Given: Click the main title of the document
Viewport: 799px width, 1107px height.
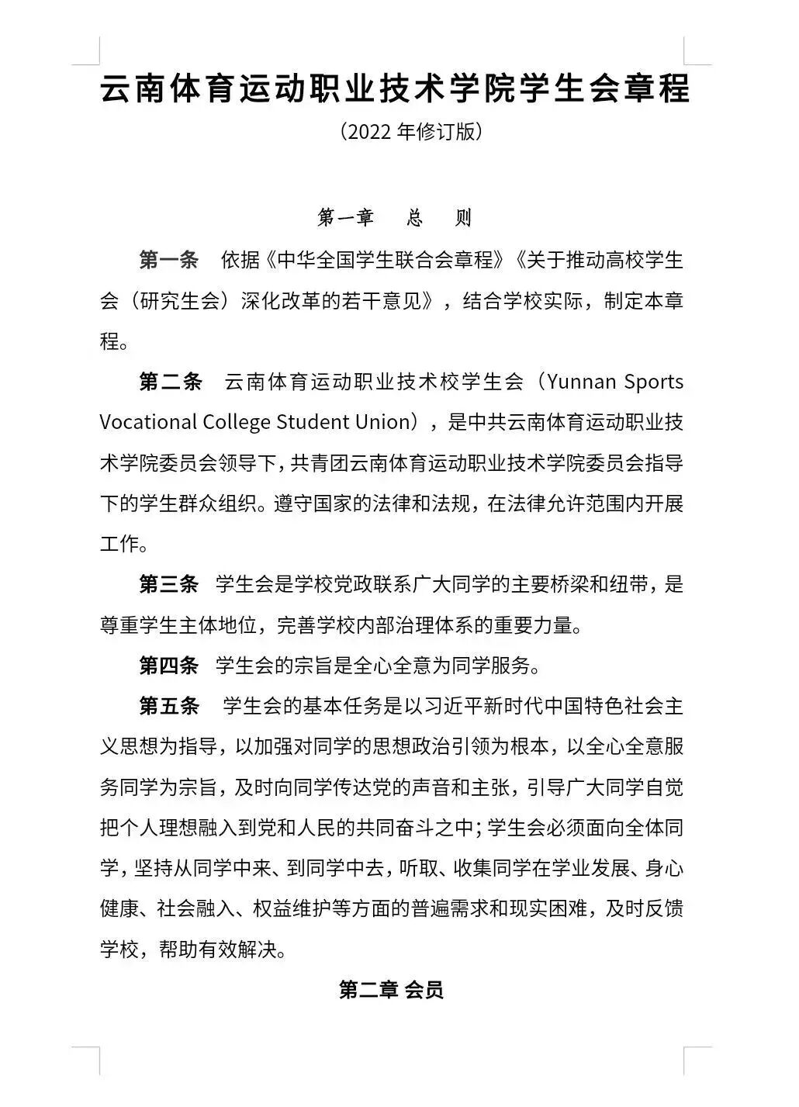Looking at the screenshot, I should pyautogui.click(x=396, y=89).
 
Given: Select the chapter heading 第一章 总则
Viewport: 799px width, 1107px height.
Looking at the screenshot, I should pyautogui.click(x=395, y=218).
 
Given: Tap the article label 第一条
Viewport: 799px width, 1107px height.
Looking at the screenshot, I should pyautogui.click(x=169, y=260).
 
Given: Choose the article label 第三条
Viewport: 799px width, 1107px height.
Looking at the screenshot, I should pyautogui.click(x=169, y=584).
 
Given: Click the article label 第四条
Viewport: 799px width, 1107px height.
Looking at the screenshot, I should pyautogui.click(x=169, y=665).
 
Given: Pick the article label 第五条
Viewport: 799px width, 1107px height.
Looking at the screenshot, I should pyautogui.click(x=169, y=706).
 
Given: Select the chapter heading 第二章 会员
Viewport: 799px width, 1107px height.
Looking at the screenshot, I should pyautogui.click(x=391, y=990).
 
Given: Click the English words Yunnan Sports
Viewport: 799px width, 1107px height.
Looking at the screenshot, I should pyautogui.click(x=614, y=382).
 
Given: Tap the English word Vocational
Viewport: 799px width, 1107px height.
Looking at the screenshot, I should pyautogui.click(x=147, y=422).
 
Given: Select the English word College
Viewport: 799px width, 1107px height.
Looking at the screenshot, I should pyautogui.click(x=237, y=422).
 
